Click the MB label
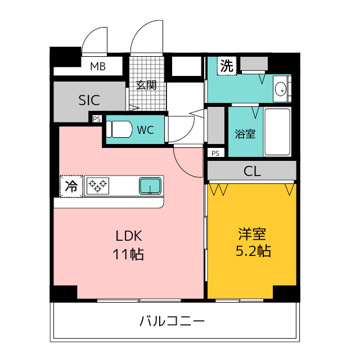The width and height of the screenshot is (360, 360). [98, 67]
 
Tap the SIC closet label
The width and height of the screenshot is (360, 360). [89, 101]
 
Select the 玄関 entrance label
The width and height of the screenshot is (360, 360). [146, 85]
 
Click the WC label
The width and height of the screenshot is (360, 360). [146, 130]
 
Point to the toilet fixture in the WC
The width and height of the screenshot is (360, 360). [118, 130]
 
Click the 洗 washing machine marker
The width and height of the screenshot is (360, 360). [226, 65]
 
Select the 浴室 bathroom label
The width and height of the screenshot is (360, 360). [245, 134]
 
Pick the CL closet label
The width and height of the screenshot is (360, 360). [252, 172]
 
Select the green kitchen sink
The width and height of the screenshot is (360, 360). [151, 185]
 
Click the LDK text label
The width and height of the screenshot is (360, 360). [129, 236]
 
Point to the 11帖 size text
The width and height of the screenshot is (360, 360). [129, 254]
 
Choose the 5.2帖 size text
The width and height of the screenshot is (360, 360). [252, 251]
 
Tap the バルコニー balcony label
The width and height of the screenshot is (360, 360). [172, 322]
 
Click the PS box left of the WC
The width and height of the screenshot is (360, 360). [96, 119]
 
